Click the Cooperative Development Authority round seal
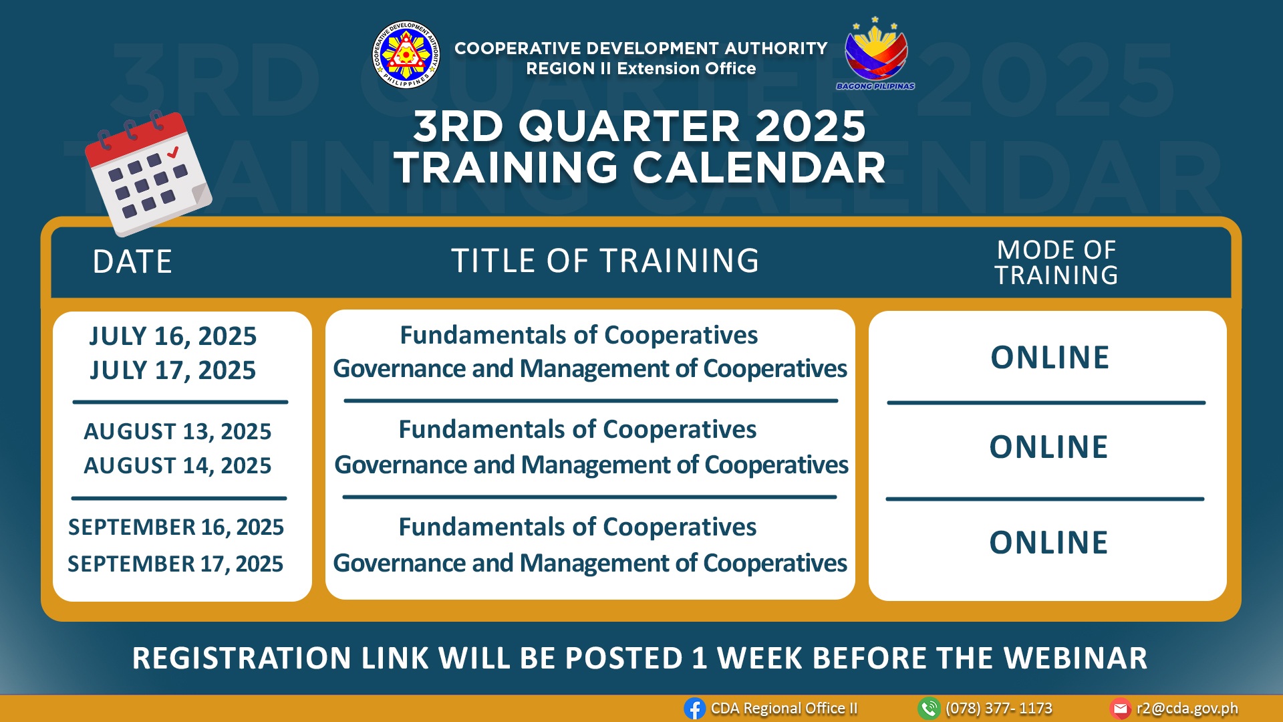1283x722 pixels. [x=406, y=55]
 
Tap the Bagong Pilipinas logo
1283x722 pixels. [x=875, y=53]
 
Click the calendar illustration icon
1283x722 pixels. [x=148, y=172]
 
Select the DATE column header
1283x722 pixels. [x=132, y=261]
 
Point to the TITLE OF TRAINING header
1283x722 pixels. [x=605, y=261]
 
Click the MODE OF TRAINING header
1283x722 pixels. [x=1056, y=263]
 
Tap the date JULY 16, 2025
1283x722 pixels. [x=173, y=336]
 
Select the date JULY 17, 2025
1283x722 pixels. [x=173, y=370]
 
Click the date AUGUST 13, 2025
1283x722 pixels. [x=178, y=432]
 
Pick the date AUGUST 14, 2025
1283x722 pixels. [x=178, y=466]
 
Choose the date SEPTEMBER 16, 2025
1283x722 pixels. [x=176, y=527]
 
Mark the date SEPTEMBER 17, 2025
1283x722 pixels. [x=175, y=564]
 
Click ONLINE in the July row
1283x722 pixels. [x=1050, y=358]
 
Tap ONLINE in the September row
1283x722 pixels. [x=1048, y=543]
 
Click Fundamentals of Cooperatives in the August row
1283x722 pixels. [x=577, y=430]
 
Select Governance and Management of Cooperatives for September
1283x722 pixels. [x=590, y=564]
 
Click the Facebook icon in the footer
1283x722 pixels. [x=695, y=709]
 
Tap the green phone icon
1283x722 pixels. [x=929, y=709]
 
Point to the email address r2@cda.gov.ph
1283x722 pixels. [x=1187, y=709]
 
